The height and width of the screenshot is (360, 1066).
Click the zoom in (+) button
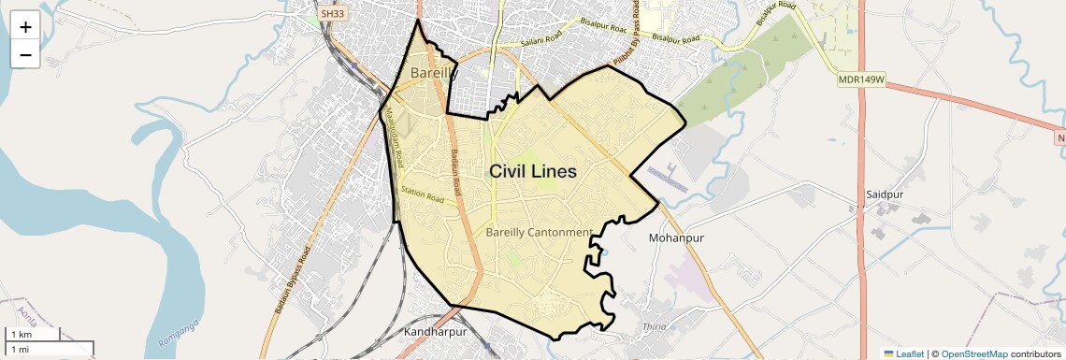[x=25, y=26]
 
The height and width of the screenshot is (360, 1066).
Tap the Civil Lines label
[x=533, y=172]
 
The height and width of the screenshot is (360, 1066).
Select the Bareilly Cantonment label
[x=540, y=232]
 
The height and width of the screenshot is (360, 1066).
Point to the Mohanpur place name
[x=676, y=238]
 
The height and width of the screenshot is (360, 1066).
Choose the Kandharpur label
[x=435, y=332]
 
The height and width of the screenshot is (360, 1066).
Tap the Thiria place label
[x=654, y=326]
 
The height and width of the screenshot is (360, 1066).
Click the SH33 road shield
[x=332, y=14]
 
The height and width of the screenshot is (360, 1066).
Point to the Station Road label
[x=422, y=195]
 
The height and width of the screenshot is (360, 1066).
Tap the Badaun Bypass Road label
[x=291, y=281]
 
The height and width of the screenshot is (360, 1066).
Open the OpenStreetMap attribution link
[x=974, y=353]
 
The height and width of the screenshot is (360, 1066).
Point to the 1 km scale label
[x=22, y=334]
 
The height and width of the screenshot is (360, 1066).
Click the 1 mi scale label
[x=21, y=349]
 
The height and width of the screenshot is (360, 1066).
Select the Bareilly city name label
[x=433, y=72]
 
